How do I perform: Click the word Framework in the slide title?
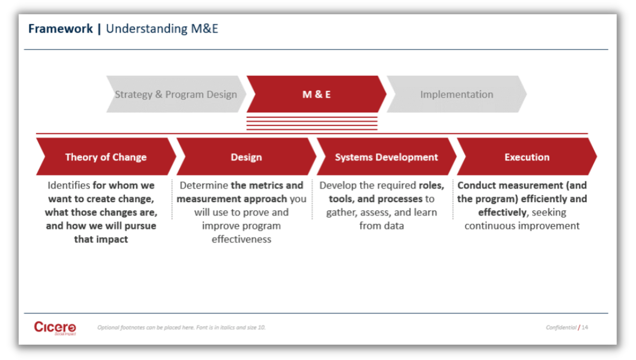pyautogui.click(x=60, y=29)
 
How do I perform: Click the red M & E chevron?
pyautogui.click(x=316, y=94)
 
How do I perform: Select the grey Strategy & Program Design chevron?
pyautogui.click(x=176, y=94)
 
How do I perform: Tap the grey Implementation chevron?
pyautogui.click(x=456, y=94)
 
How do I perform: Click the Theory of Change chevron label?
pyautogui.click(x=106, y=157)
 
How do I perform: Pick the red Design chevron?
pyautogui.click(x=246, y=157)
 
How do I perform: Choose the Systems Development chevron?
pyautogui.click(x=386, y=157)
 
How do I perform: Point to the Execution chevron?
pyautogui.click(x=527, y=157)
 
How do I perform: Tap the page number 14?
pyautogui.click(x=584, y=327)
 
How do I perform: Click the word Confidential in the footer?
pyautogui.click(x=561, y=327)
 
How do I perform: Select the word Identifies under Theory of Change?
pyautogui.click(x=69, y=185)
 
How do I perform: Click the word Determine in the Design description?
pyautogui.click(x=204, y=185)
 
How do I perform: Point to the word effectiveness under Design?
pyautogui.click(x=241, y=239)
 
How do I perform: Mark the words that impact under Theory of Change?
pyautogui.click(x=101, y=239)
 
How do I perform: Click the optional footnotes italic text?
pyautogui.click(x=181, y=327)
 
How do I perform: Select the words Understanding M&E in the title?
pyautogui.click(x=162, y=29)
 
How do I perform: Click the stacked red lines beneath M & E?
pyautogui.click(x=312, y=123)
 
